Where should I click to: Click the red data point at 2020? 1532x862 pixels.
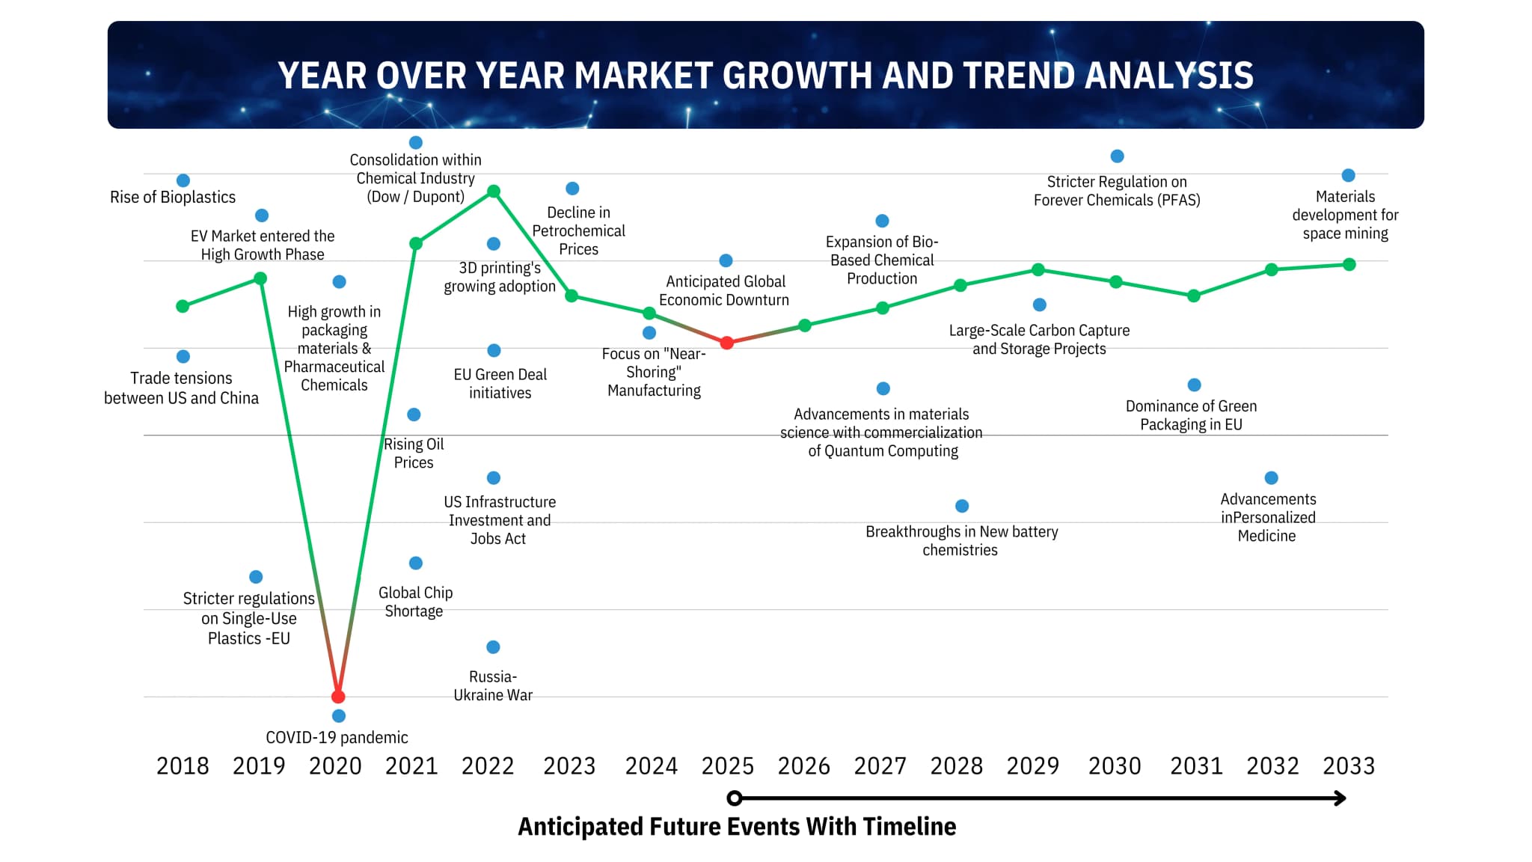[x=338, y=697]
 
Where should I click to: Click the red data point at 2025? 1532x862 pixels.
[x=726, y=343]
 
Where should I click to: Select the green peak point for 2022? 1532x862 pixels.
[x=494, y=192]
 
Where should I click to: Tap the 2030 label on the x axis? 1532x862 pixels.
[x=1115, y=766]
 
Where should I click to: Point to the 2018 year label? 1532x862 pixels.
[x=183, y=766]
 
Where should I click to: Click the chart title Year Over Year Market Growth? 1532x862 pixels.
[x=765, y=76]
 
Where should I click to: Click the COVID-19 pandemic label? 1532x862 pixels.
[x=337, y=738]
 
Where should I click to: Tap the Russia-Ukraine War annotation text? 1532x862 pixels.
[x=493, y=686]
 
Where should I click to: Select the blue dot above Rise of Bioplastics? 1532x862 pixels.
[x=183, y=180]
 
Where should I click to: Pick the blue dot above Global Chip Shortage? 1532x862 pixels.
[x=416, y=563]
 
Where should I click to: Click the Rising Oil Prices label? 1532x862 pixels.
[x=414, y=453]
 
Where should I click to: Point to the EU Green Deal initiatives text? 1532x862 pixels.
[x=500, y=384]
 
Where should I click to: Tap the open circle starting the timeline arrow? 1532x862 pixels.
[x=735, y=798]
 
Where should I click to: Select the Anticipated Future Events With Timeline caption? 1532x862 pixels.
[x=737, y=827]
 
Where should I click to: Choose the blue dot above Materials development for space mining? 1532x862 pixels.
[x=1349, y=175]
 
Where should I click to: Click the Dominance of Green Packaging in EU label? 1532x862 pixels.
[x=1191, y=415]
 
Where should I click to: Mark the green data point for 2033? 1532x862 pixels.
[x=1349, y=264]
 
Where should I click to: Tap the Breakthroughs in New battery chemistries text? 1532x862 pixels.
[x=961, y=541]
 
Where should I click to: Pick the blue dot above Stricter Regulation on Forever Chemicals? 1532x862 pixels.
[x=1117, y=156]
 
